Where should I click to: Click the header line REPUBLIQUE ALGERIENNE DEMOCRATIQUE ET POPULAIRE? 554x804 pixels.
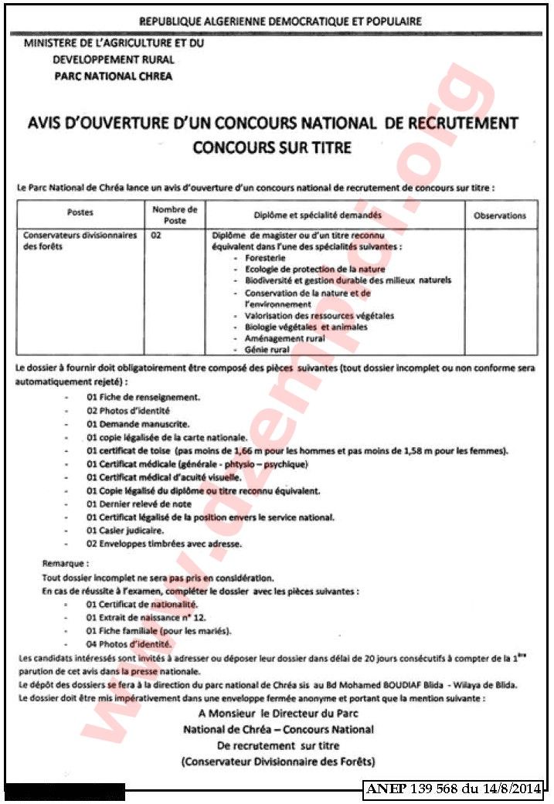click(x=279, y=21)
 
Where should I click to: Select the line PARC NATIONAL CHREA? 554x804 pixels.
click(x=113, y=76)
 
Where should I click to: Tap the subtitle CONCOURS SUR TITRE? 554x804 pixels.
click(x=272, y=147)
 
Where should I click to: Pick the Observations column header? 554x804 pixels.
click(x=499, y=216)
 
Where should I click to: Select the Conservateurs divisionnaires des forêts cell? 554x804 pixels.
click(x=80, y=240)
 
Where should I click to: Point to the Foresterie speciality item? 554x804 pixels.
click(x=265, y=257)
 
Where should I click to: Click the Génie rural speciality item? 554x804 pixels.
click(x=267, y=350)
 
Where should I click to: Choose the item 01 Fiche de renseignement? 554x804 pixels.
click(x=143, y=397)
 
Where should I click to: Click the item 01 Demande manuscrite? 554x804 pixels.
click(x=138, y=424)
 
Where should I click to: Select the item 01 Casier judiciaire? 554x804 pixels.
click(x=125, y=531)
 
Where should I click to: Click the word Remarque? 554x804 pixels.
click(x=66, y=565)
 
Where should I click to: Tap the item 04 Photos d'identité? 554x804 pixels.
click(x=129, y=644)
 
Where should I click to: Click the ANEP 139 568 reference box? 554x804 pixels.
click(x=454, y=789)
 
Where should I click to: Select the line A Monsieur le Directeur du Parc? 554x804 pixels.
click(x=278, y=714)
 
